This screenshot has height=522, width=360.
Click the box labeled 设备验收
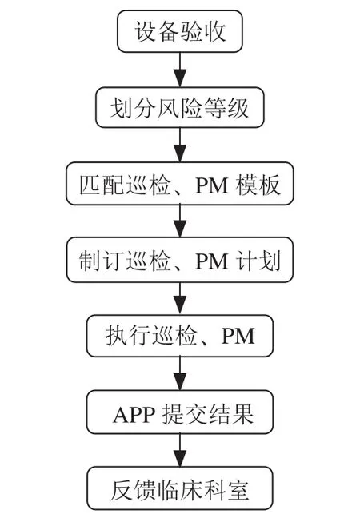(180, 31)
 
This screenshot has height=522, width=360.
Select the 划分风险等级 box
(180, 108)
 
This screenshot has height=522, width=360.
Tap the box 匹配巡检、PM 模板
(180, 183)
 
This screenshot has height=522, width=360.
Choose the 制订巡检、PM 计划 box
(180, 260)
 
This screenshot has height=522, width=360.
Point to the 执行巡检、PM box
(180, 336)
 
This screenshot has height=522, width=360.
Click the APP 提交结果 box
(180, 412)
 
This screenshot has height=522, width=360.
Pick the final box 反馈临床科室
(180, 488)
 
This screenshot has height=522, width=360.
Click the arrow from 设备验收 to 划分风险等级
(180, 70)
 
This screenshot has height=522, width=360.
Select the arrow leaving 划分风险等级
(180, 145)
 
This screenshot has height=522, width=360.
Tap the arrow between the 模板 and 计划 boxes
(180, 221)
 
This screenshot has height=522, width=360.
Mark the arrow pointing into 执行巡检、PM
(180, 298)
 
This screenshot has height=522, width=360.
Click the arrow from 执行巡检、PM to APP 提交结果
(180, 373)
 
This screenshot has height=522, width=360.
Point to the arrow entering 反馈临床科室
(180, 450)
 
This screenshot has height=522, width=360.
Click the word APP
(134, 415)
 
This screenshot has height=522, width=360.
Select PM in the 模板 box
(212, 185)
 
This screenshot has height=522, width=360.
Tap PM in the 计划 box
(212, 261)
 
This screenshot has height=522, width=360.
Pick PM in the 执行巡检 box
(238, 336)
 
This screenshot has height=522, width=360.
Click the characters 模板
(258, 185)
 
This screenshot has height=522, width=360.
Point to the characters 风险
(180, 108)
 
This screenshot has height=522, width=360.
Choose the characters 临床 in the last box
(180, 490)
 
